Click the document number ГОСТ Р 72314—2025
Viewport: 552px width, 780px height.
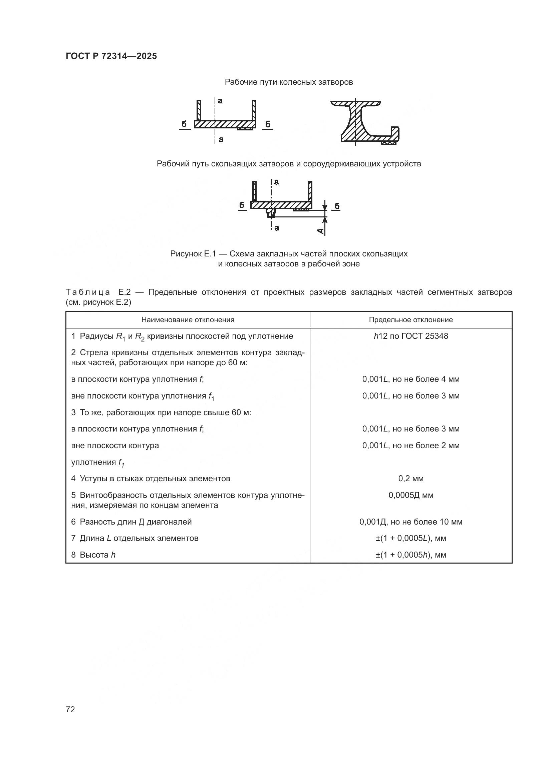click(111, 56)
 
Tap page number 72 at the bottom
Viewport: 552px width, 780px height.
click(70, 709)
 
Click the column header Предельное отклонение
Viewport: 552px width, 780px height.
click(410, 320)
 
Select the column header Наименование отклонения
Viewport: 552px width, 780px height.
click(188, 320)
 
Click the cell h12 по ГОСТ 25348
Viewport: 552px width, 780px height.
click(410, 336)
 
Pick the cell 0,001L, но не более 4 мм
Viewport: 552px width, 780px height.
click(410, 379)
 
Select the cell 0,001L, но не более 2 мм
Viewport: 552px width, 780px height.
click(410, 446)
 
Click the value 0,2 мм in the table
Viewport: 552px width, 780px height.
click(410, 479)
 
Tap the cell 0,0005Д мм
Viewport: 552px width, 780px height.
click(410, 495)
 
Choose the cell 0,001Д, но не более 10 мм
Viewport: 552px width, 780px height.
click(410, 522)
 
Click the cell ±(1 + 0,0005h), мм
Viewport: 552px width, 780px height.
click(410, 555)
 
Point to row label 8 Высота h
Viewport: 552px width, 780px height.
click(93, 555)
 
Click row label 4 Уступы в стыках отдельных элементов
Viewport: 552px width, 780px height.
click(151, 479)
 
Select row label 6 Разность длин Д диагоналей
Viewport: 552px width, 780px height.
click(131, 522)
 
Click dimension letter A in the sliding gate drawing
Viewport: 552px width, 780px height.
click(320, 231)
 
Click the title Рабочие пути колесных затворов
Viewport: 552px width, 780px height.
click(289, 82)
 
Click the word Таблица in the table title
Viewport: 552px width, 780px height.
click(88, 292)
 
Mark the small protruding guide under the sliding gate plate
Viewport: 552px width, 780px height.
click(271, 213)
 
